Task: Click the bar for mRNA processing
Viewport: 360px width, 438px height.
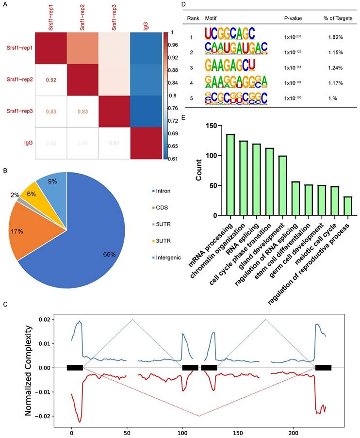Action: pyautogui.click(x=230, y=175)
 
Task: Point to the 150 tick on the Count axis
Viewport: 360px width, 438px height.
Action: pyautogui.click(x=212, y=126)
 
